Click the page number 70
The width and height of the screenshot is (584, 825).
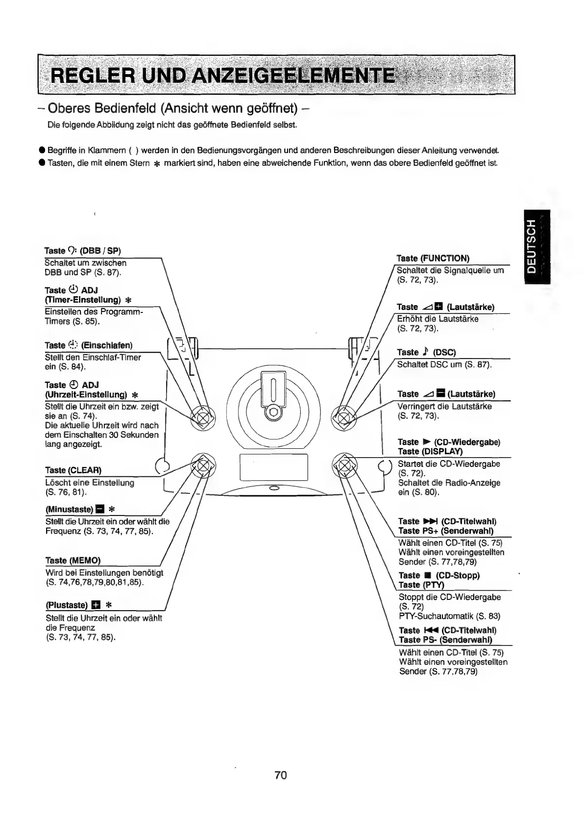(x=280, y=774)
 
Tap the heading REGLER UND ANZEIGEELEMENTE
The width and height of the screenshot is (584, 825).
(x=223, y=76)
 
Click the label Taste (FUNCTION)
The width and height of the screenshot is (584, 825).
(x=433, y=258)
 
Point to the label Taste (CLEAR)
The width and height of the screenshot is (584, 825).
(x=73, y=470)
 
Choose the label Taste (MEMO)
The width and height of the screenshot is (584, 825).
(x=73, y=560)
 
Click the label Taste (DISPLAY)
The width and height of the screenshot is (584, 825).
(x=430, y=451)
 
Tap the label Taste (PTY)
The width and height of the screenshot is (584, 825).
(x=421, y=585)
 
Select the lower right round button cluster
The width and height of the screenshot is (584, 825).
(x=345, y=464)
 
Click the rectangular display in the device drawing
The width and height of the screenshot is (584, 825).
(x=273, y=466)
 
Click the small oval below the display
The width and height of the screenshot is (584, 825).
(x=274, y=488)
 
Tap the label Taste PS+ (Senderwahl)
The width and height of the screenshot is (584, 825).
(x=446, y=531)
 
